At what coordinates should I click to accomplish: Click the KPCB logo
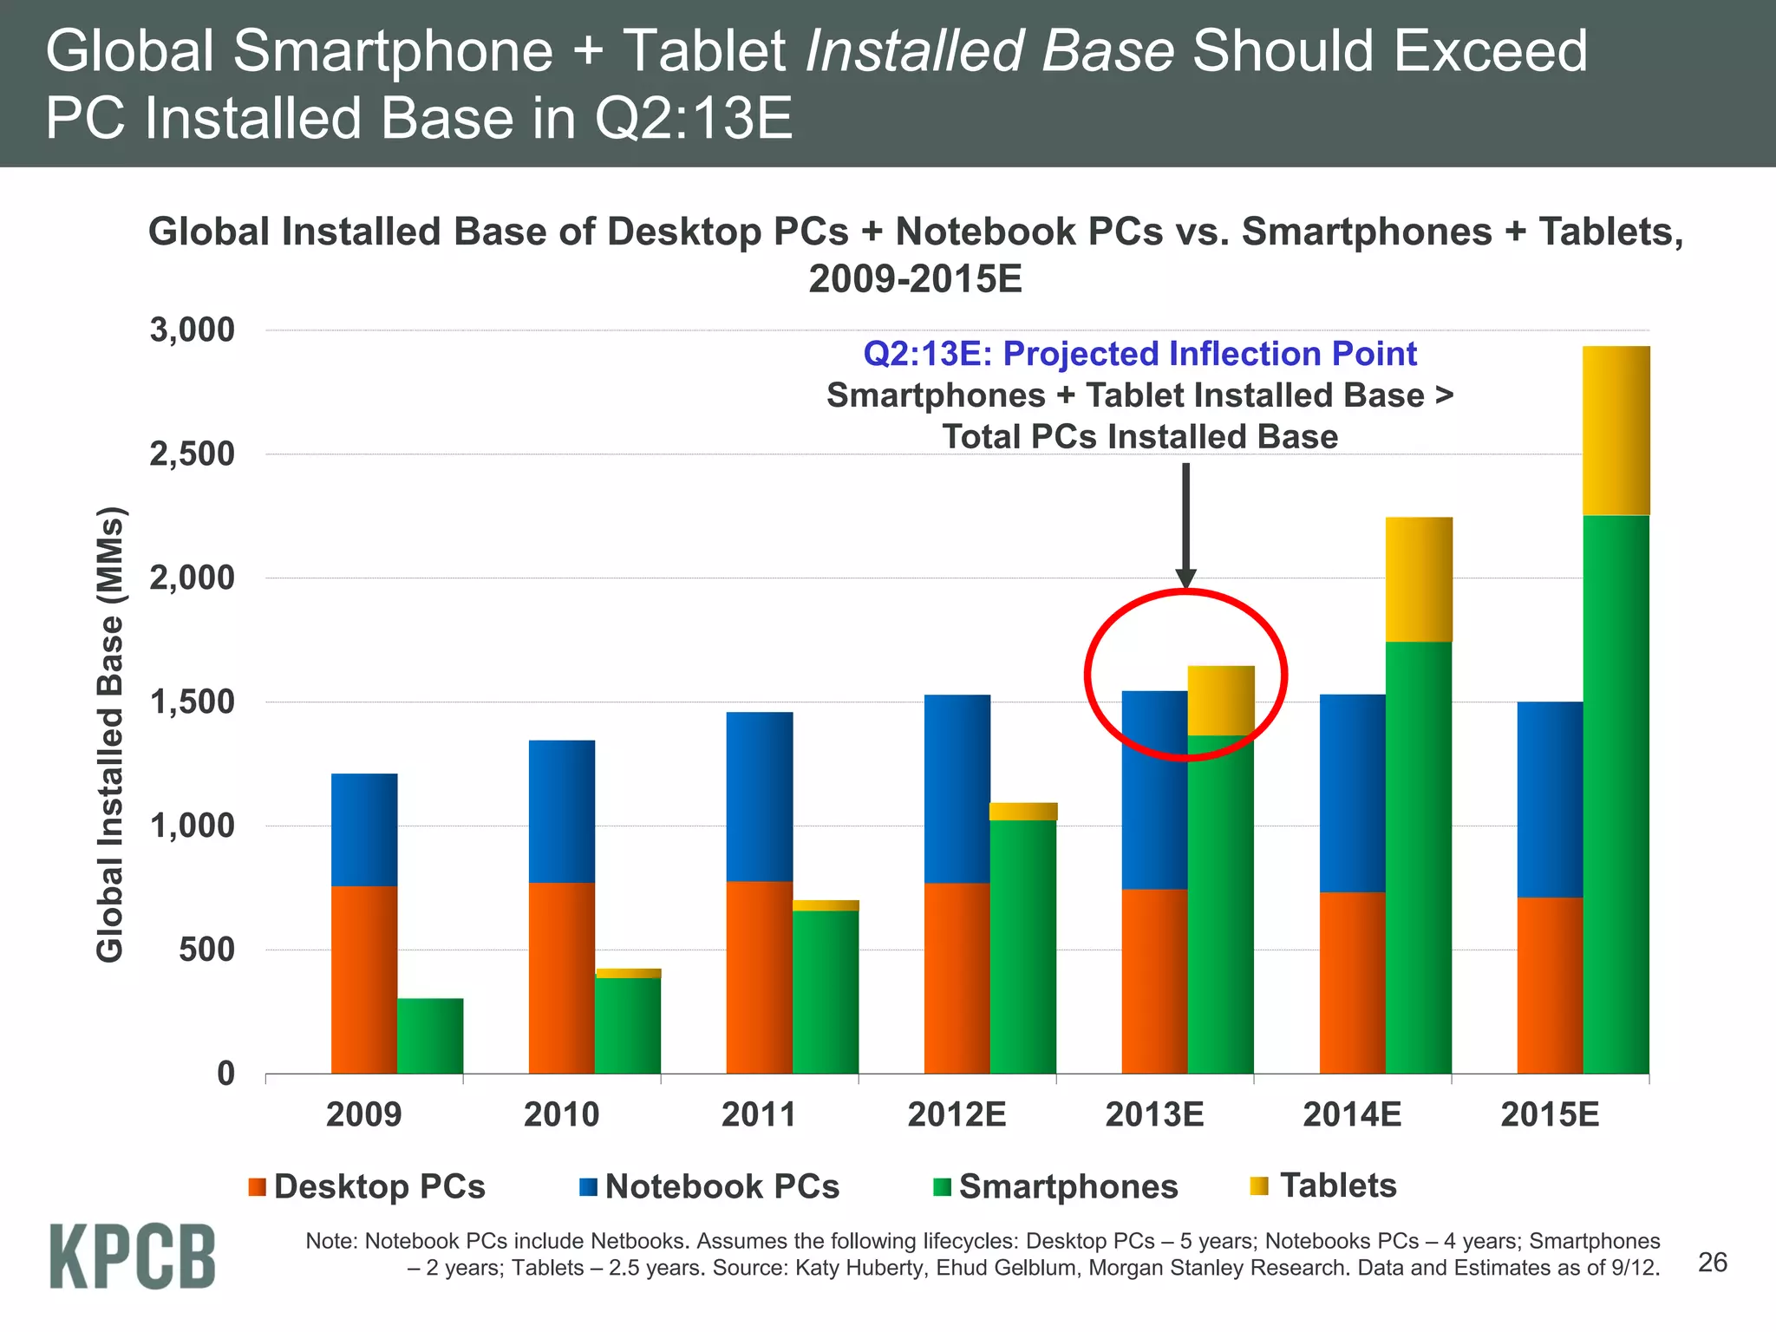click(132, 1257)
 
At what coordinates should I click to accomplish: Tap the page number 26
click(1712, 1263)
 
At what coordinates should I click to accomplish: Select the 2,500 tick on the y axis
click(192, 454)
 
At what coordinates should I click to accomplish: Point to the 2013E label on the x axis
click(1154, 1114)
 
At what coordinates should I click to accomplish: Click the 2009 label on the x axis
click(363, 1114)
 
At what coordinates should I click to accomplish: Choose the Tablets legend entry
click(1323, 1185)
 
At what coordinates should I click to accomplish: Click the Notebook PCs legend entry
click(709, 1186)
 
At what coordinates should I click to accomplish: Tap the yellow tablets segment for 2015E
click(1616, 431)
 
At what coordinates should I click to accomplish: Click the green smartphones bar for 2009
click(430, 1036)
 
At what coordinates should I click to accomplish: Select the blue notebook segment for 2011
click(760, 796)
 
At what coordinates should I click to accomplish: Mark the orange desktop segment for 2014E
click(1352, 983)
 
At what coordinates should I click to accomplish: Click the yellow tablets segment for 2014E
click(1419, 579)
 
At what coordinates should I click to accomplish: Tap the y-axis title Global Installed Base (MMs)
click(110, 735)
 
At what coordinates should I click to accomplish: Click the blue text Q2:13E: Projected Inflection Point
click(1139, 354)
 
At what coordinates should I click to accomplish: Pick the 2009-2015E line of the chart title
click(915, 279)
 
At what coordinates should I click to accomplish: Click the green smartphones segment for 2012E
click(1023, 946)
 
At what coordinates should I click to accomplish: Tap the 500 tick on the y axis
click(206, 950)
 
